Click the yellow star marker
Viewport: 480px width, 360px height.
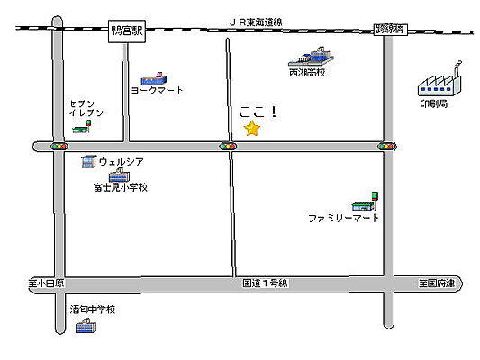tap(252, 130)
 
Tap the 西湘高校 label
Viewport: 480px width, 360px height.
tap(307, 73)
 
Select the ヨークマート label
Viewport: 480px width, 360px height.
tap(157, 91)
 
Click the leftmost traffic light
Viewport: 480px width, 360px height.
tap(60, 146)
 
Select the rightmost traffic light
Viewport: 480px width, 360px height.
tap(387, 146)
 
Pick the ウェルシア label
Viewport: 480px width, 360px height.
tap(122, 162)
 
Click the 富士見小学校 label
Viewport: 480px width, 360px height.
tap(119, 188)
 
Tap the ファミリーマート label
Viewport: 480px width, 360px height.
tap(344, 219)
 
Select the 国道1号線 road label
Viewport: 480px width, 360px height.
tap(265, 283)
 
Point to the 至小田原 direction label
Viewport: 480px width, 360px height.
tap(47, 283)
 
